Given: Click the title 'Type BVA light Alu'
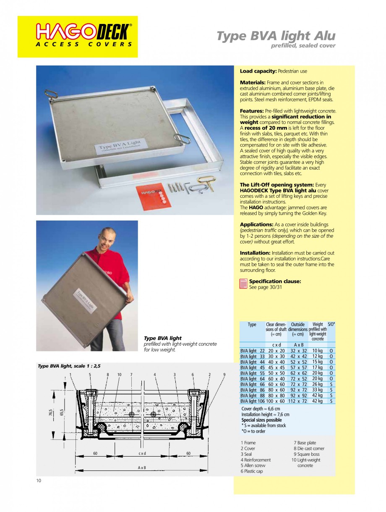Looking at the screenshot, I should coord(276,36).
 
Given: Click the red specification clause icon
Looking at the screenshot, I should coord(243,284).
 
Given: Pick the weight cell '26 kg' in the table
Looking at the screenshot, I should coord(318,384).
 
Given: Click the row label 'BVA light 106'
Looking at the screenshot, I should coord(252,401).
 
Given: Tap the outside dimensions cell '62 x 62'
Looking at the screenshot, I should coord(299,373).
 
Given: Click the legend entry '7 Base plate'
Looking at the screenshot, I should coord(305,443).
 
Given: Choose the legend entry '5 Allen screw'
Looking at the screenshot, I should coord(253,465).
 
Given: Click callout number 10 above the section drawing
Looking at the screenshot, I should coord(119,374).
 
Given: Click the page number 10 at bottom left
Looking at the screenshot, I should coord(38,480).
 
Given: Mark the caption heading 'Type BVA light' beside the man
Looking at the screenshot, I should coord(163,338).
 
